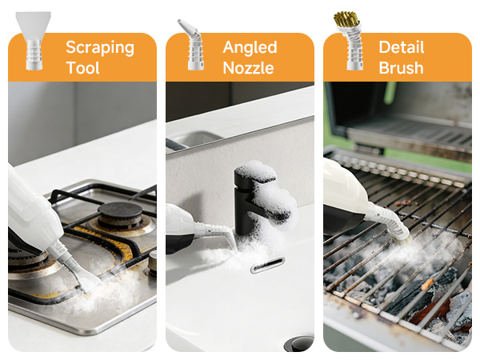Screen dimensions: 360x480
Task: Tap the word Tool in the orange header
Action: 84,68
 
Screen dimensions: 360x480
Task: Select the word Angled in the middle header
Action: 250,47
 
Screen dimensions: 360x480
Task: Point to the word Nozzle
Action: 250,68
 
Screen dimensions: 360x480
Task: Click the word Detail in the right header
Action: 401,47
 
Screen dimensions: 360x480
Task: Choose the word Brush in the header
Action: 401,68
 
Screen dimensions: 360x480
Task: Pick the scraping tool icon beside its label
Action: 34,40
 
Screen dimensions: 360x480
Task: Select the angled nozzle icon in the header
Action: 191,45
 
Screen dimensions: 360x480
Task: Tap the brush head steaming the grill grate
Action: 398,228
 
